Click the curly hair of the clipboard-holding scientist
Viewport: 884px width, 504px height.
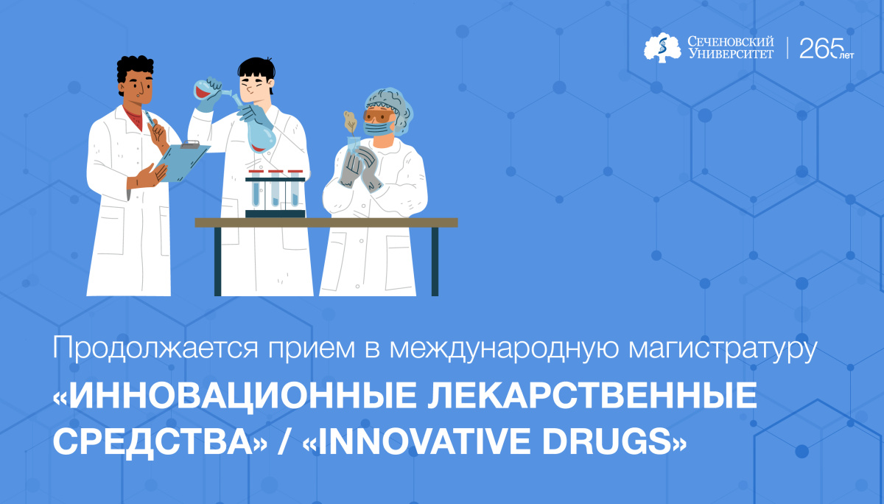pos(135,70)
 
